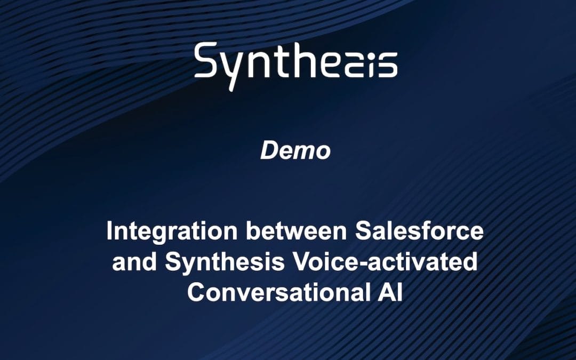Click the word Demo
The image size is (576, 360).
pyautogui.click(x=295, y=151)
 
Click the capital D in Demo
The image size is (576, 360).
pyautogui.click(x=269, y=151)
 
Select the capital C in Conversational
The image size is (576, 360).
pyautogui.click(x=197, y=293)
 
